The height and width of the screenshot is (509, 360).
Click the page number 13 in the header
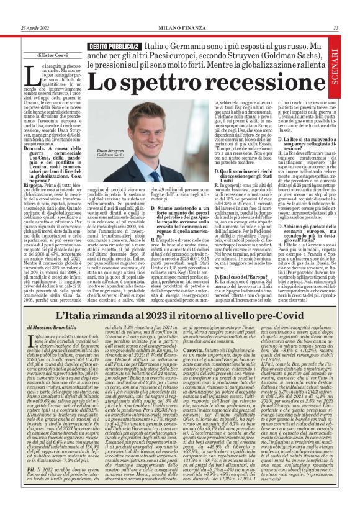[x=336, y=28]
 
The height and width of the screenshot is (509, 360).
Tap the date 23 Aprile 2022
[x=36, y=28]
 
